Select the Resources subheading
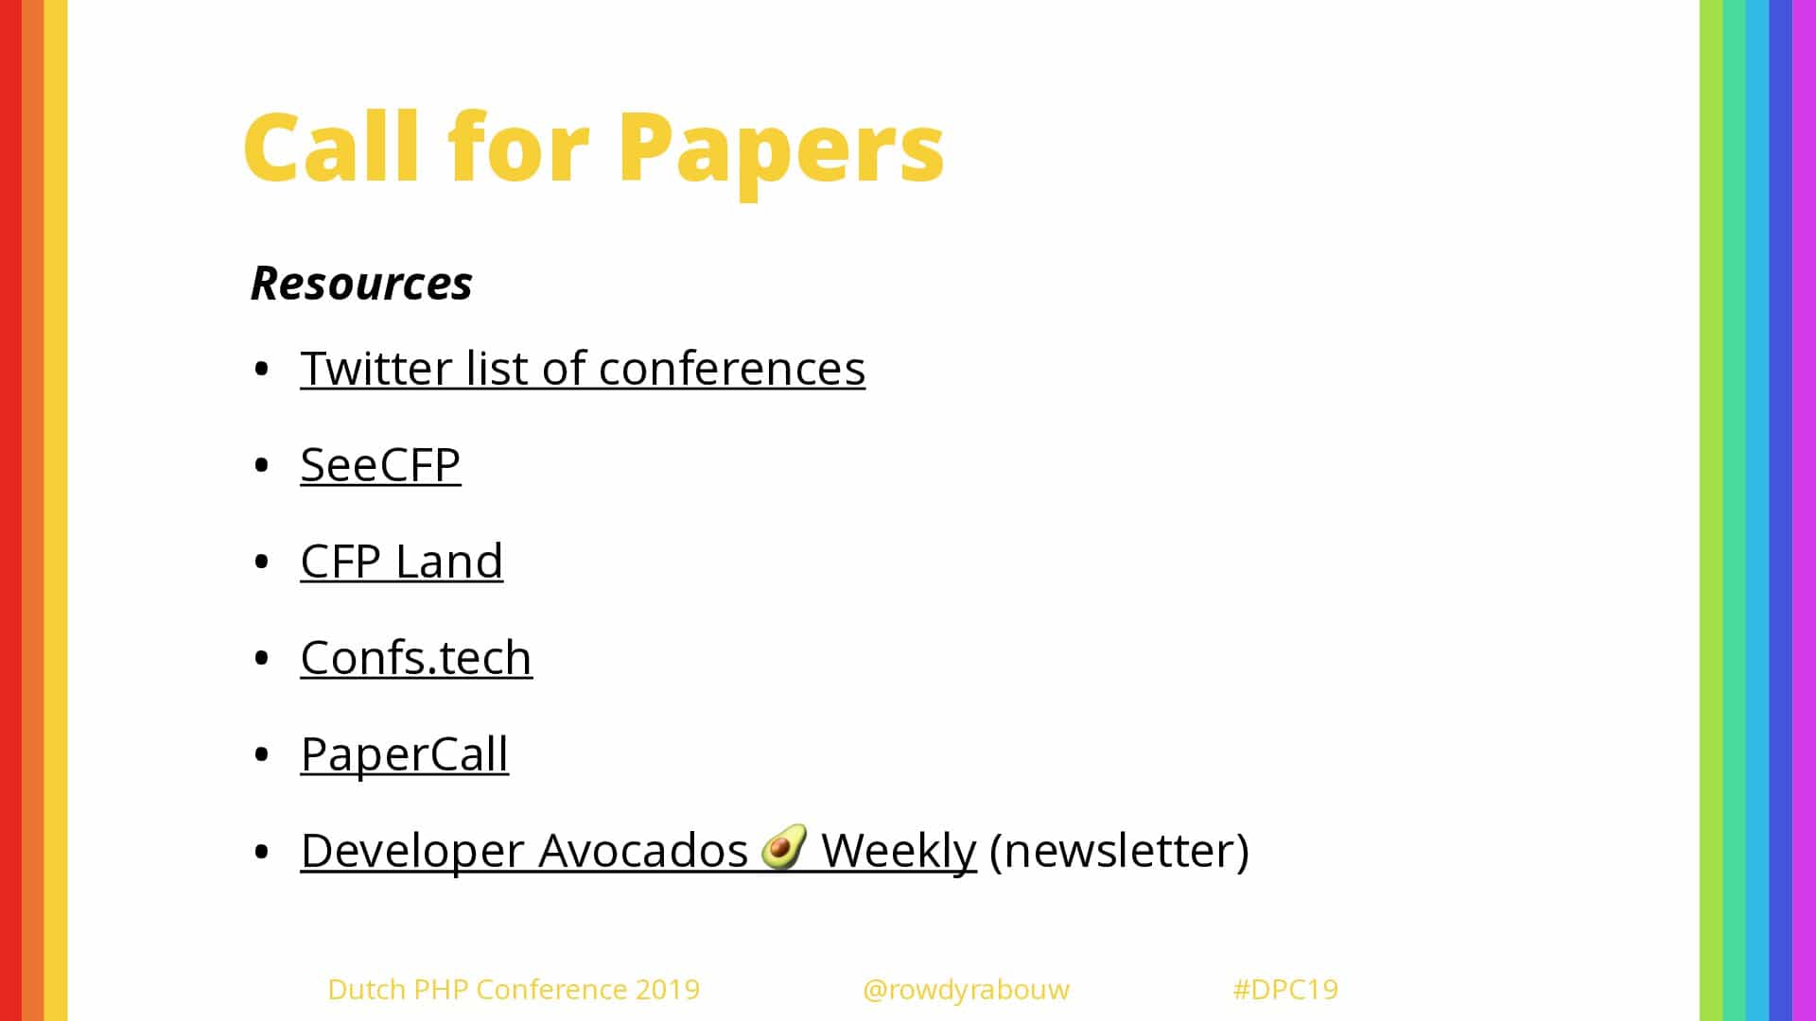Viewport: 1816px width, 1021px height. pos(361,283)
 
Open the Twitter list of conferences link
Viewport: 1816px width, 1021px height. pos(583,368)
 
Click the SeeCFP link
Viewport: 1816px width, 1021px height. pos(380,464)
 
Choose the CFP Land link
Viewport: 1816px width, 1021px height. pos(401,561)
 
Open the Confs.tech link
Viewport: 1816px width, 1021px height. pos(416,657)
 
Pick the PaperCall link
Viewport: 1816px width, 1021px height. pos(404,755)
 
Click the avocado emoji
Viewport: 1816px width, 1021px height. pos(784,846)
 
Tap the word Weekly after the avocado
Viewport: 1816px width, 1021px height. pos(899,850)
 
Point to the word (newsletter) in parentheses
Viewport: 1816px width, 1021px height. pos(1119,850)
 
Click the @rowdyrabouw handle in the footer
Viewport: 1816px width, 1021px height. pos(966,990)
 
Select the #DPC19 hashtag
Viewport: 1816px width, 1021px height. pos(1285,989)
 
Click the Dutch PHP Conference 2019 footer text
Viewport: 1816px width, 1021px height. pos(514,989)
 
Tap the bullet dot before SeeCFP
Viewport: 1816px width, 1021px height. pos(262,465)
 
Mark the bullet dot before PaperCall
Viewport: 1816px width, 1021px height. pos(262,754)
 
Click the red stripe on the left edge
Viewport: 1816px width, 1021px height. pos(10,510)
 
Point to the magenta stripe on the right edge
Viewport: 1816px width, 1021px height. pos(1805,510)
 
